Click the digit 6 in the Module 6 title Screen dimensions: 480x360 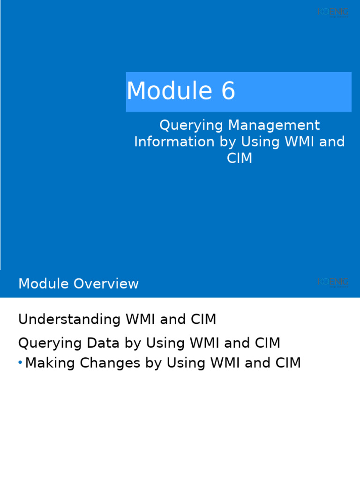click(228, 91)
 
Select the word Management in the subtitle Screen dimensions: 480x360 click(274, 125)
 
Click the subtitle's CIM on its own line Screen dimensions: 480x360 click(240, 158)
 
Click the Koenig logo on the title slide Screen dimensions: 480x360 click(333, 12)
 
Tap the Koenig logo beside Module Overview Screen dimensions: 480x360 click(333, 282)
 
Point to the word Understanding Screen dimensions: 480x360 click(69, 320)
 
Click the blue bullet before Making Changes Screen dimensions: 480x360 click(20, 363)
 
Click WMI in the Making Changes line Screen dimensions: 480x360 click(225, 363)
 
